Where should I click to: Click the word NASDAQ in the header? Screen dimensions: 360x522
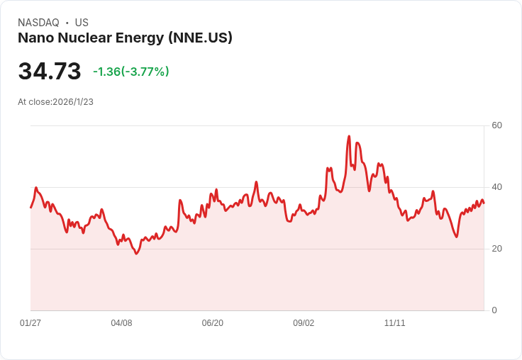click(x=38, y=23)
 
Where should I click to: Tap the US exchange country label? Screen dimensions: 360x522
click(x=82, y=23)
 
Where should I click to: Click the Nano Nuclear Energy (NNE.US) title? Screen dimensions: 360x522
click(x=125, y=38)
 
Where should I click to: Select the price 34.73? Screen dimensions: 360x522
click(x=50, y=72)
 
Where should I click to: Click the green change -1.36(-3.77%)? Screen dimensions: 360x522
click(x=131, y=72)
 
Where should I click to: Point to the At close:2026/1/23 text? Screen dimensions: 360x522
click(x=55, y=102)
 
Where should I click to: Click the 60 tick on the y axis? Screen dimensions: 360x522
click(x=496, y=125)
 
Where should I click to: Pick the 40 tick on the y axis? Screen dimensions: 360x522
click(x=496, y=187)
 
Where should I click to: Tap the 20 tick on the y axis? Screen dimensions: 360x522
click(x=496, y=249)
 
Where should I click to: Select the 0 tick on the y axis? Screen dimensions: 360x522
click(x=494, y=310)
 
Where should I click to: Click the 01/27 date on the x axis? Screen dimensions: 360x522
click(x=30, y=323)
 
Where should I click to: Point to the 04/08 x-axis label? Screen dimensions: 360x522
click(x=121, y=323)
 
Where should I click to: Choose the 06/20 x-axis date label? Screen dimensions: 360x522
click(x=213, y=323)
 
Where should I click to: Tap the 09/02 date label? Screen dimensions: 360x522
click(x=304, y=323)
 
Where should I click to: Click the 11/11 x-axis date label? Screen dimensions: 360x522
click(x=394, y=323)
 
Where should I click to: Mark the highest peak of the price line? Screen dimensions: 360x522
click(x=349, y=136)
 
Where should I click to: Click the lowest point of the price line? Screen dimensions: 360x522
click(x=136, y=253)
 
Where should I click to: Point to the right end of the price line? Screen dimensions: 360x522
click(x=484, y=203)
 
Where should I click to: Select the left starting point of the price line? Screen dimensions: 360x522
click(x=30, y=207)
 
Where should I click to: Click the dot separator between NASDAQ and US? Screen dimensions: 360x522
click(x=67, y=23)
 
